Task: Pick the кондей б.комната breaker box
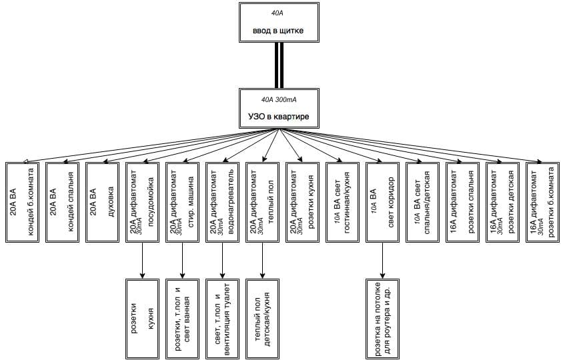tap(22, 201)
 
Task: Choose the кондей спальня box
tap(62, 201)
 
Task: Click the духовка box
tap(102, 201)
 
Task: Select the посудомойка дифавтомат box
tap(142, 201)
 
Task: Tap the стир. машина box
tap(182, 201)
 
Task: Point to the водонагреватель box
tap(222, 201)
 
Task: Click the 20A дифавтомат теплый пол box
tap(262, 201)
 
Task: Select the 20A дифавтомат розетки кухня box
tap(302, 201)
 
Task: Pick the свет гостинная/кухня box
tap(342, 201)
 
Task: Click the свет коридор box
tap(382, 201)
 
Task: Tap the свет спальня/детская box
tap(422, 201)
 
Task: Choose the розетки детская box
tap(502, 201)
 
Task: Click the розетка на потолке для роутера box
tap(382, 318)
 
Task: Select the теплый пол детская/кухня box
tap(262, 318)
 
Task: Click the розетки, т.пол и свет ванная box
tap(182, 318)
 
